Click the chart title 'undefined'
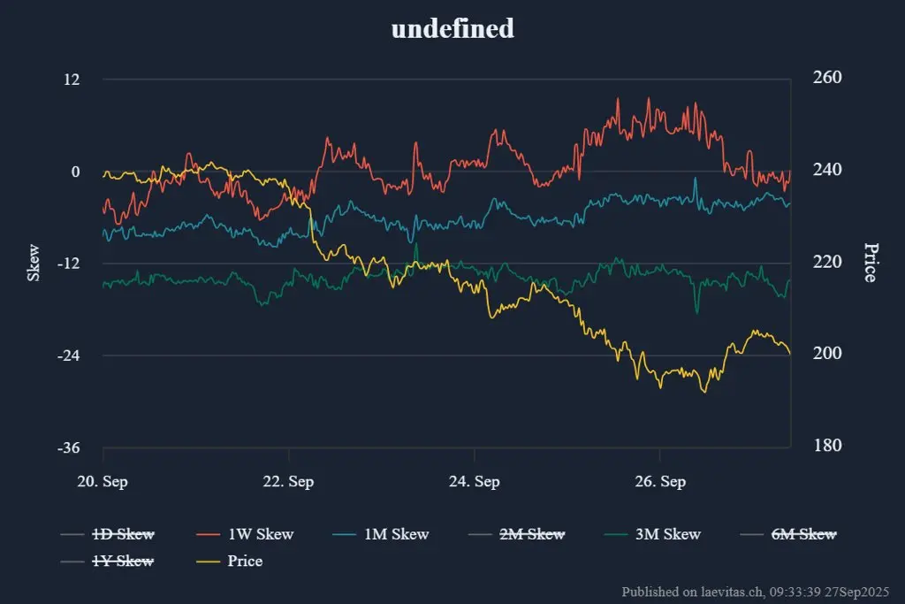[452, 28]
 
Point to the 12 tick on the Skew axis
[71, 80]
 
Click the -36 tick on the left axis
[68, 447]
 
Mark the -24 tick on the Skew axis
[68, 356]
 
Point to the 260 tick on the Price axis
[827, 78]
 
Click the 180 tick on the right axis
[827, 446]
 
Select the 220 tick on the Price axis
[827, 262]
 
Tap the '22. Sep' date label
[289, 482]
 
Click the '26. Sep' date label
[659, 482]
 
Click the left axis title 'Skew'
[34, 263]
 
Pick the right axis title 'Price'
[870, 263]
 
